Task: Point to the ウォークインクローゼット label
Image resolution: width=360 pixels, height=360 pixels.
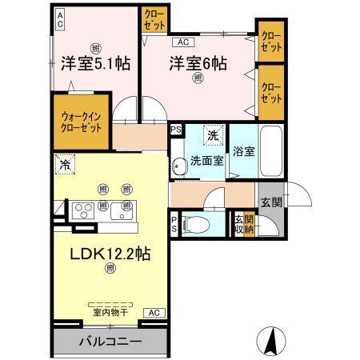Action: pyautogui.click(x=81, y=119)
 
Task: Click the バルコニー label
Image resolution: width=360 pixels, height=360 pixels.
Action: pyautogui.click(x=110, y=342)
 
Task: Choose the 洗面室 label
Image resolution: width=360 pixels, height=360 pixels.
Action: pyautogui.click(x=206, y=161)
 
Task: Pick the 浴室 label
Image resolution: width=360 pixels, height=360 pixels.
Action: pyautogui.click(x=244, y=150)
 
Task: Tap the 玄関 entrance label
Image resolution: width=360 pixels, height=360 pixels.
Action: pyautogui.click(x=270, y=202)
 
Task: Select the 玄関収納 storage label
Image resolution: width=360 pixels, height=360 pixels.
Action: pyautogui.click(x=242, y=224)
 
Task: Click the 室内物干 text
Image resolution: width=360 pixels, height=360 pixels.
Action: pyautogui.click(x=110, y=311)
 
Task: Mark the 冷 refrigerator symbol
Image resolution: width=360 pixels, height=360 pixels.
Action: pyautogui.click(x=63, y=166)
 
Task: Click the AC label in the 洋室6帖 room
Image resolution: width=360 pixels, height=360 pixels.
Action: pyautogui.click(x=182, y=42)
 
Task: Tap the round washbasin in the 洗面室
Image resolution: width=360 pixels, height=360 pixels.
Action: pyautogui.click(x=178, y=166)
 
